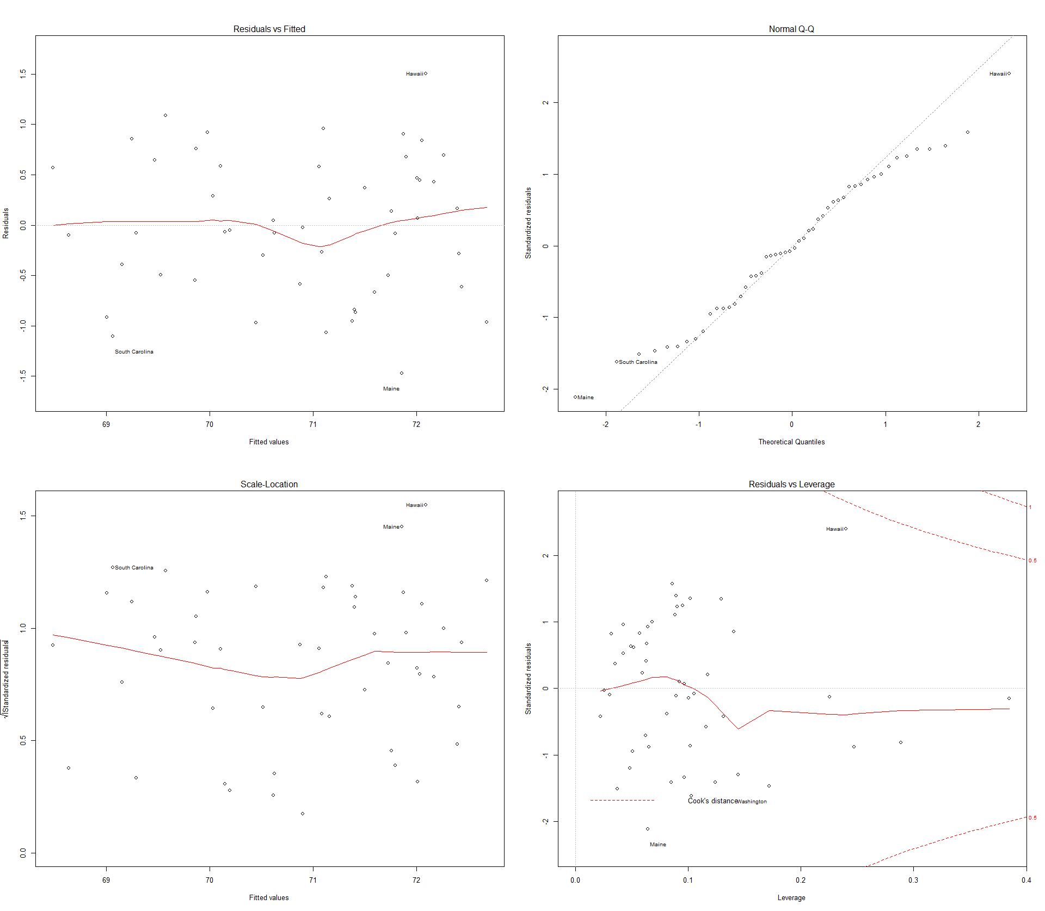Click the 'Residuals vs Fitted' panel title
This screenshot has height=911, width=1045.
269,29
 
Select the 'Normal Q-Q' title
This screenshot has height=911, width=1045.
791,29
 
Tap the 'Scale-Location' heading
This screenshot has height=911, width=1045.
269,484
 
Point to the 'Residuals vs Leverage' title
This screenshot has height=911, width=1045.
791,484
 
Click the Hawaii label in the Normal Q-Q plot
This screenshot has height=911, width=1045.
998,74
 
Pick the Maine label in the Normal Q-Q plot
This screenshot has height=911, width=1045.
586,398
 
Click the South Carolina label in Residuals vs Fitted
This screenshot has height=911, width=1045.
134,352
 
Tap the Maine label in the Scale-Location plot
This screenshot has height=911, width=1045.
391,527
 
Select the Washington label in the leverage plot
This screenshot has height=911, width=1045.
752,802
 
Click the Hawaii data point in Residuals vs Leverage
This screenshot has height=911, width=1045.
846,529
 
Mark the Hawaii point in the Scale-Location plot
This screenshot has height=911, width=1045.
426,505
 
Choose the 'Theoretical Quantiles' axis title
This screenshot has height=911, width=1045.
791,442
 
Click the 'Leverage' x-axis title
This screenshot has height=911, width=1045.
791,897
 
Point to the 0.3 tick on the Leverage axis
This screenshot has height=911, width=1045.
913,880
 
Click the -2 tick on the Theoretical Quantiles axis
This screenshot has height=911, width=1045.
605,424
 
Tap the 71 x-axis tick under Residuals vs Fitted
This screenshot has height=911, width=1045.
313,424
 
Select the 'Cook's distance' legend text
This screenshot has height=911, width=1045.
712,801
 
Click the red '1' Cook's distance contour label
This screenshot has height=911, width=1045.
1030,507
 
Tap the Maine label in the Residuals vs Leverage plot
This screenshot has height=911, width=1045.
657,845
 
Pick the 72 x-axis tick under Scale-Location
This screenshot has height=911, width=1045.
416,880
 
